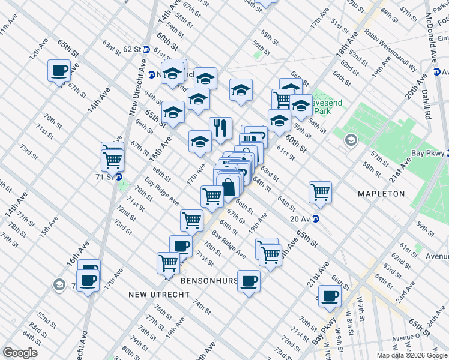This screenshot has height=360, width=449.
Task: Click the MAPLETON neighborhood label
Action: (381, 194)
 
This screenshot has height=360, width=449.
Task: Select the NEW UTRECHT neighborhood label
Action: (158, 295)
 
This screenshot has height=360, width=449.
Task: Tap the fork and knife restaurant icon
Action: (220, 128)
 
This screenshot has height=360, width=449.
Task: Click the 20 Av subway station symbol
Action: (316, 219)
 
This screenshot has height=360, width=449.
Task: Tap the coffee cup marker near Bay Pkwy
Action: (329, 295)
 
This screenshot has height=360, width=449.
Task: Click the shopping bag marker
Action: (228, 186)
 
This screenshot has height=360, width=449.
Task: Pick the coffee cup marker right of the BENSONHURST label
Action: (249, 280)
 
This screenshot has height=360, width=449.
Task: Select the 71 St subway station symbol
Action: (119, 177)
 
